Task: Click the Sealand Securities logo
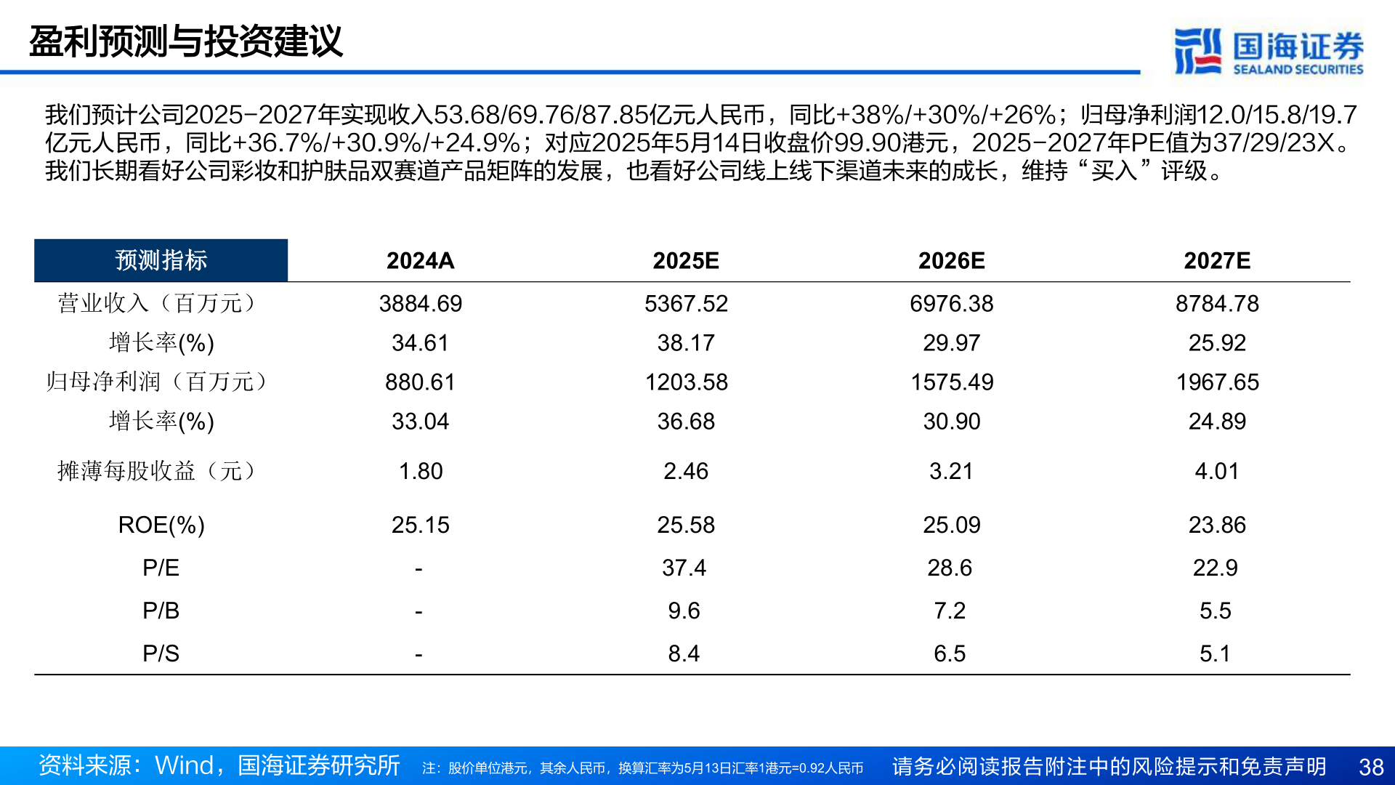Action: point(1268,51)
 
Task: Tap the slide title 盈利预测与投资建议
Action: point(185,41)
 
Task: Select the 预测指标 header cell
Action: point(161,260)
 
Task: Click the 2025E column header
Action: point(685,261)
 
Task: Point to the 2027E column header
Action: point(1216,261)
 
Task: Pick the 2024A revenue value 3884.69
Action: point(420,304)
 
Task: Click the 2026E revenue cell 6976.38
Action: point(951,304)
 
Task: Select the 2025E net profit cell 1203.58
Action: point(686,382)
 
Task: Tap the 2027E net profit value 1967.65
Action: point(1217,382)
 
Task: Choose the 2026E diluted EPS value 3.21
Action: point(951,471)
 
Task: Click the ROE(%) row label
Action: point(161,525)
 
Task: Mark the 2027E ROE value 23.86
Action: point(1217,525)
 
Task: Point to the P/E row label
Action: point(161,568)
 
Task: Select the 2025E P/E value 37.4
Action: point(684,568)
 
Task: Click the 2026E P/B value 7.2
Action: point(950,611)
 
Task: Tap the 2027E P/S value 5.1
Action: point(1215,653)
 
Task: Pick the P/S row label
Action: point(161,653)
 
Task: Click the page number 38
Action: point(1371,767)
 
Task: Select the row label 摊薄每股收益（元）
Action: point(156,471)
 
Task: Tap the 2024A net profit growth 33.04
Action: point(420,422)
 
